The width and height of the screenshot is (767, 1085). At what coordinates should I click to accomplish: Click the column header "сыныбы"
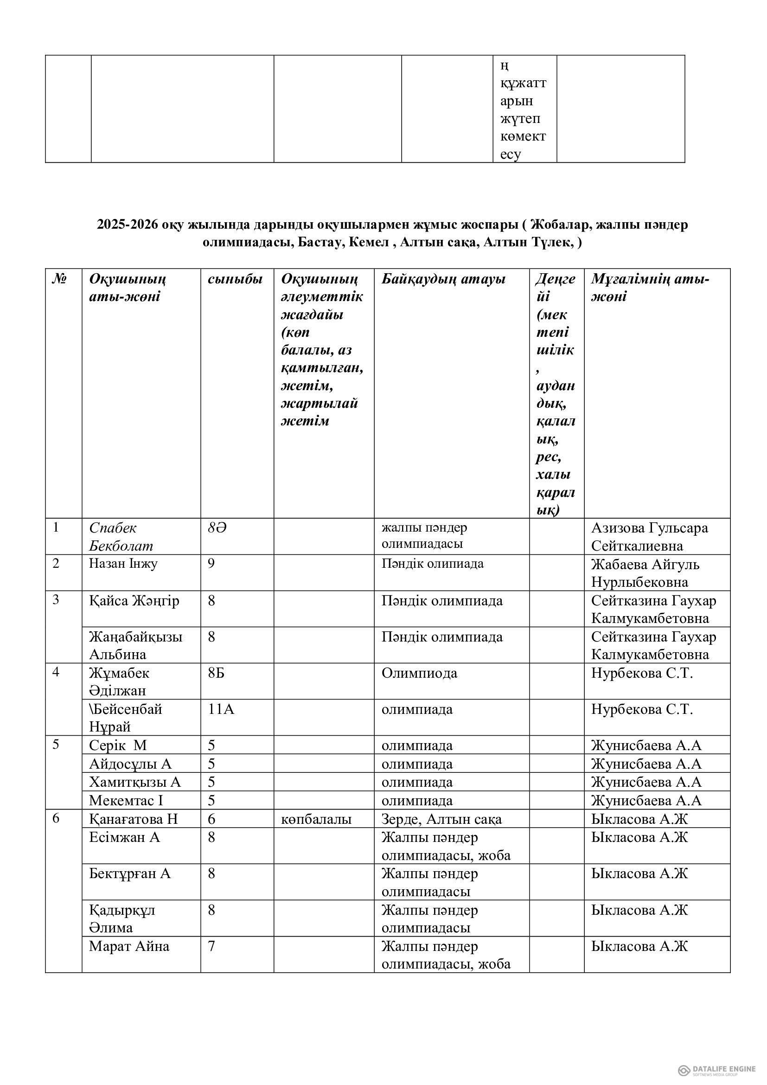click(235, 279)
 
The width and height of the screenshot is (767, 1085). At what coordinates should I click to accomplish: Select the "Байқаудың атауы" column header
click(443, 279)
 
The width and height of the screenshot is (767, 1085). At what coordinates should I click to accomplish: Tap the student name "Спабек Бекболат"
click(121, 536)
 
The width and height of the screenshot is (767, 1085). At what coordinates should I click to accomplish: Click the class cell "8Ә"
click(217, 528)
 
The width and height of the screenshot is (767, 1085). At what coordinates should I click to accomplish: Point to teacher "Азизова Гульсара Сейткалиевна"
click(649, 536)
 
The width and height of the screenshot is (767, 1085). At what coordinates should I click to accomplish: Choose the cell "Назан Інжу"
click(123, 563)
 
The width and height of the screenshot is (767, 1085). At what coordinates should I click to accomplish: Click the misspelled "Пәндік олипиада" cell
click(432, 563)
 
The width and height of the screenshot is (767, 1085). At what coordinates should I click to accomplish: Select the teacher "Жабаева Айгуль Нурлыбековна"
click(645, 573)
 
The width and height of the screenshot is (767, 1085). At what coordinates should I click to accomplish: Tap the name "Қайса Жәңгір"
click(134, 601)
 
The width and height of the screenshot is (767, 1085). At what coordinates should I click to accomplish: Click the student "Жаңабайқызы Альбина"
click(135, 645)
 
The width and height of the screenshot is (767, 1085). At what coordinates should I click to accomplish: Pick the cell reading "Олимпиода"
click(419, 673)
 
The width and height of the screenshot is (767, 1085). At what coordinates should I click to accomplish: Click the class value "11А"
click(221, 709)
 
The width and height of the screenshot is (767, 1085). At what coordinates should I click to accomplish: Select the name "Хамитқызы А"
click(135, 782)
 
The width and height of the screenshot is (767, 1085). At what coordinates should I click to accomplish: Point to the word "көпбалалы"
click(316, 819)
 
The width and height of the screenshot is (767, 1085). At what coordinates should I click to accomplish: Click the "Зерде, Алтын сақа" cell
click(441, 819)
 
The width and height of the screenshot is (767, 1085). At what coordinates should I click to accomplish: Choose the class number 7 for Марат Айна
click(211, 946)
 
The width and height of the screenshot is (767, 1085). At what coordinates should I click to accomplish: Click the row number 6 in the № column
click(56, 818)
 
